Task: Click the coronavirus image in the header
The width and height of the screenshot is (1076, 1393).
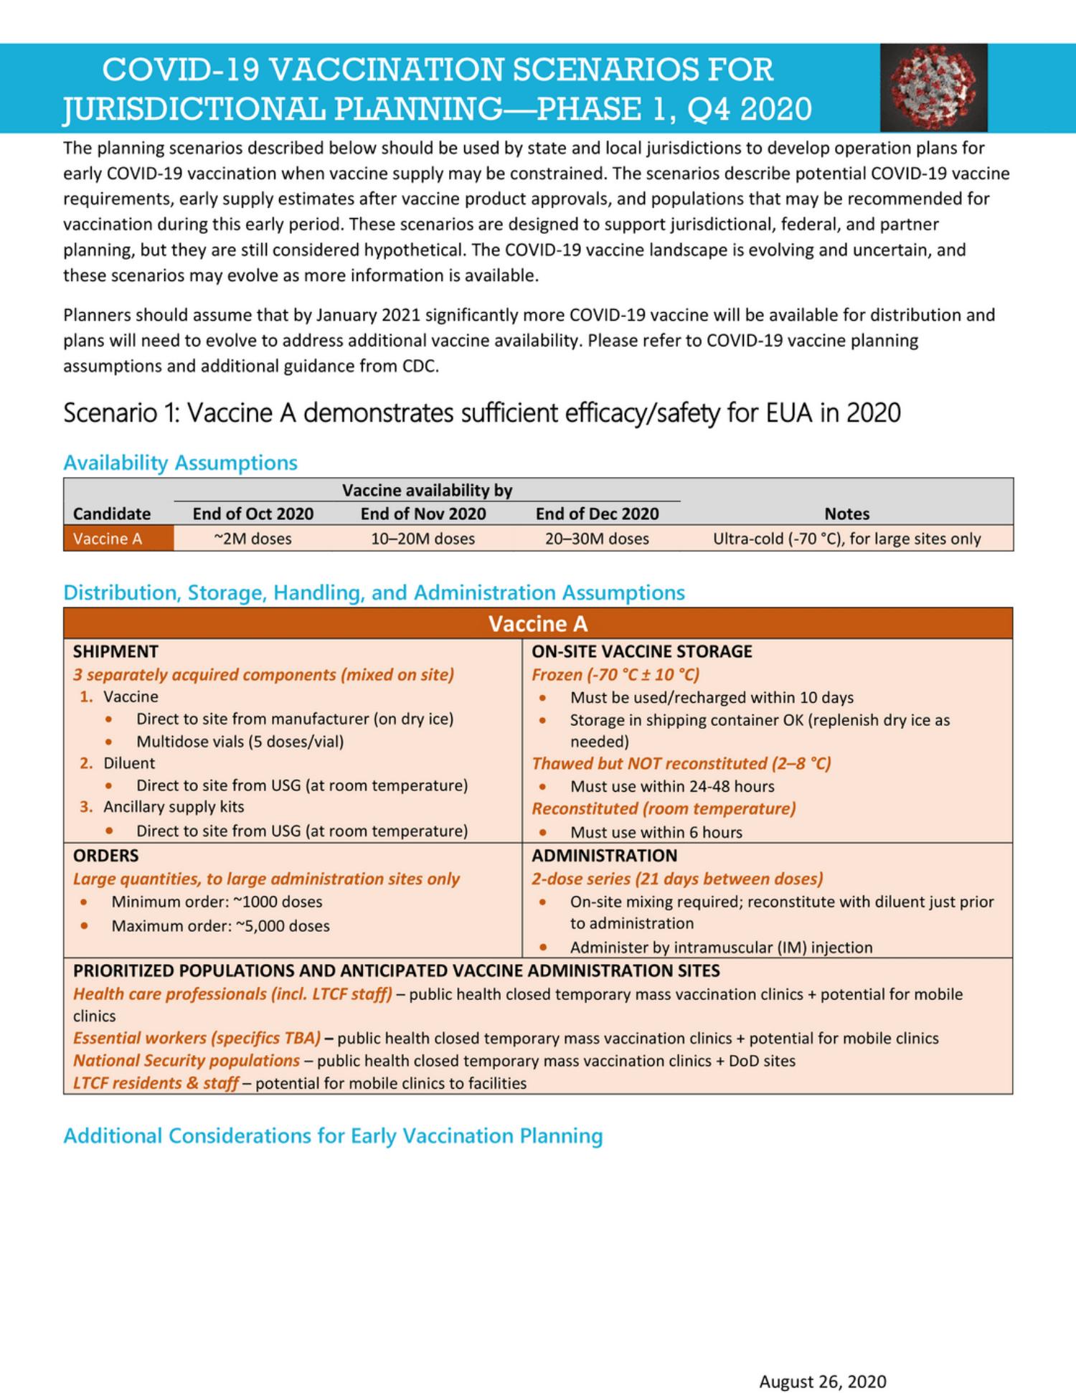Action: tap(933, 87)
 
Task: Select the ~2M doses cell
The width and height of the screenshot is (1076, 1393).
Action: tap(253, 539)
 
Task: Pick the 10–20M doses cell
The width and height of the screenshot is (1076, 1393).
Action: tap(423, 539)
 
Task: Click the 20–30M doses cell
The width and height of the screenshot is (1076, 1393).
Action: tap(597, 539)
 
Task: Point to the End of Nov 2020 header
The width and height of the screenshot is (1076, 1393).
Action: tap(423, 514)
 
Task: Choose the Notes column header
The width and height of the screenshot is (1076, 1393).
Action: tap(846, 514)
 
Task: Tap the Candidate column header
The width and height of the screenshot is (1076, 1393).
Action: tap(112, 514)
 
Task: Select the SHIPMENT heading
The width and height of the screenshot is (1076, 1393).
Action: tap(115, 651)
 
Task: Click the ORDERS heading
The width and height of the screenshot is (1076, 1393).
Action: tap(105, 855)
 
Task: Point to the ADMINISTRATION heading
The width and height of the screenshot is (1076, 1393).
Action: tap(604, 855)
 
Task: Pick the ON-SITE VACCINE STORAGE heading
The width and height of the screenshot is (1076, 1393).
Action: tap(641, 651)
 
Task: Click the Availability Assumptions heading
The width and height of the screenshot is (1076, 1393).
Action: tap(180, 463)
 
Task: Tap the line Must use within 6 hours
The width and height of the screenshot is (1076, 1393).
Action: tap(656, 832)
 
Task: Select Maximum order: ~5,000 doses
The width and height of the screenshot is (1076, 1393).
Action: tap(220, 926)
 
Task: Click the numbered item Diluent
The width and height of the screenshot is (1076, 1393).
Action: tap(128, 763)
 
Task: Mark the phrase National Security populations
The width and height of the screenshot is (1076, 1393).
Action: tap(187, 1060)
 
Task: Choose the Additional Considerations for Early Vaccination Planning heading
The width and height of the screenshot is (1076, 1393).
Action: tap(333, 1136)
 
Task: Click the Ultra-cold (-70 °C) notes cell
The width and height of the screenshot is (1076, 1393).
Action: tap(846, 539)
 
